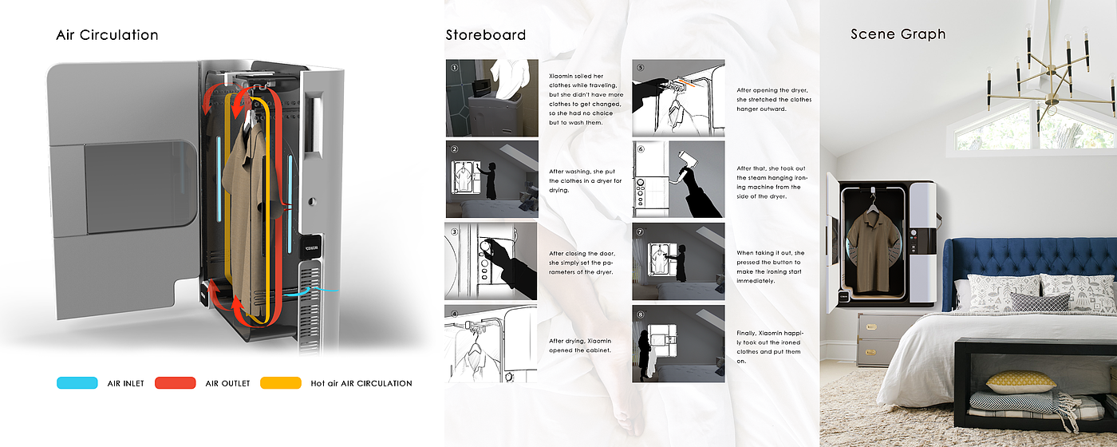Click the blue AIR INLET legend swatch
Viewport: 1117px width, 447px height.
[x=77, y=382]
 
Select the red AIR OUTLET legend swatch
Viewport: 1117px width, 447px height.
[x=175, y=382]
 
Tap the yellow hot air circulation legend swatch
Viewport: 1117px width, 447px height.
[x=281, y=382]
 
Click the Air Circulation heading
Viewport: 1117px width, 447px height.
[x=107, y=35]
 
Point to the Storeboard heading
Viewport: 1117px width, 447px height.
[x=486, y=35]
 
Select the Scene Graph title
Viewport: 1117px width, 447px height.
[x=898, y=34]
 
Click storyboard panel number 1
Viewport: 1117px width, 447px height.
[x=491, y=97]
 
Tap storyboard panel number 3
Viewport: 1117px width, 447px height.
[x=491, y=261]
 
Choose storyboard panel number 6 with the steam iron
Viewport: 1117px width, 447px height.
[x=678, y=179]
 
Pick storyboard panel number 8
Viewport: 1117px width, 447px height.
[x=678, y=344]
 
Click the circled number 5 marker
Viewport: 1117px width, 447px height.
[x=640, y=67]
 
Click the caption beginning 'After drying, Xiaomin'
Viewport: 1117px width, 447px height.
[x=580, y=345]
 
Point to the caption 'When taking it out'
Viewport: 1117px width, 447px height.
[x=771, y=267]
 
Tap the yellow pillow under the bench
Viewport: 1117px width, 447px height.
[x=1020, y=382]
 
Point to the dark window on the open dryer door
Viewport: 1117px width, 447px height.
[x=140, y=186]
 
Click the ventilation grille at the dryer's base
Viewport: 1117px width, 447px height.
[x=310, y=310]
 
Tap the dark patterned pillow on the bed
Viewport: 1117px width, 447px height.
[x=1040, y=303]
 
